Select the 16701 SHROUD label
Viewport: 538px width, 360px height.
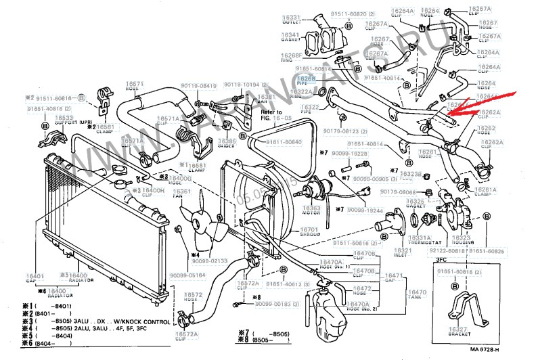pyautogui.click(x=309, y=233)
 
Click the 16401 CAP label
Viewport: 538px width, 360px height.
pyautogui.click(x=36, y=279)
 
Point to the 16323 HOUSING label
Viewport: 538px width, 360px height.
pyautogui.click(x=461, y=241)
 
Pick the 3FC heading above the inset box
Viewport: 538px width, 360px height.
pyautogui.click(x=441, y=259)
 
